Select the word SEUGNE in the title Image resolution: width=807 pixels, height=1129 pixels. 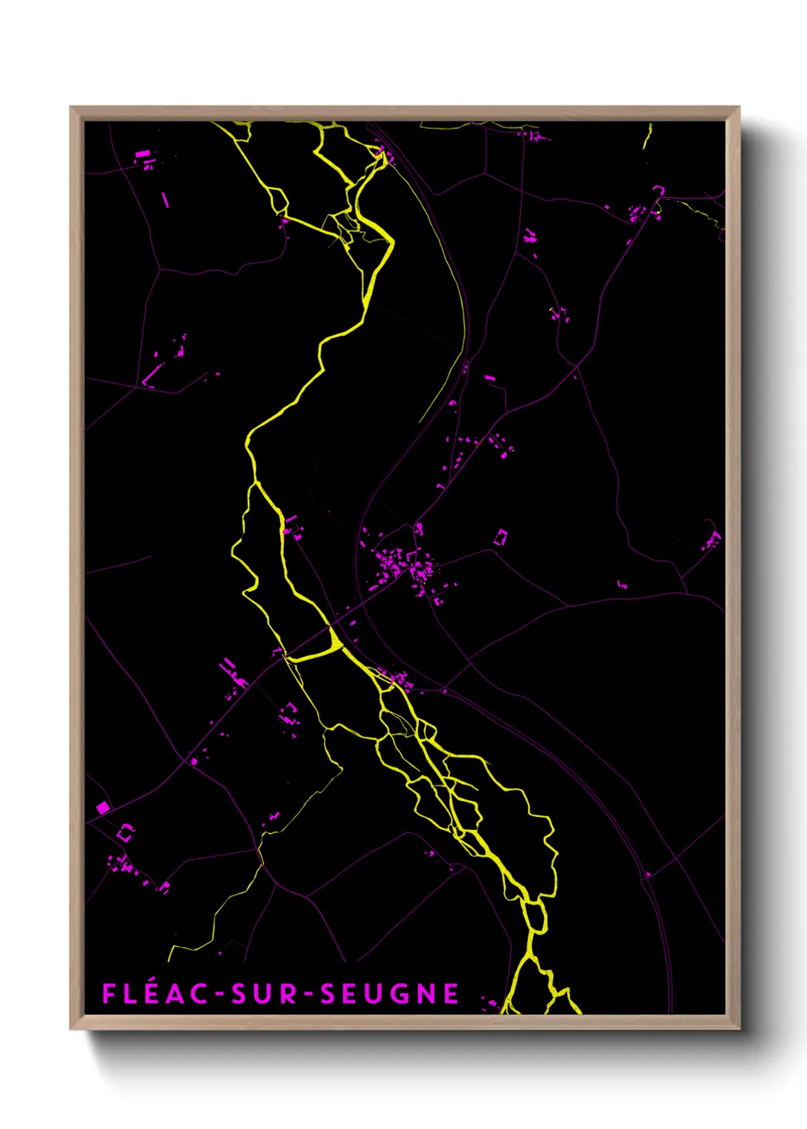click(x=389, y=994)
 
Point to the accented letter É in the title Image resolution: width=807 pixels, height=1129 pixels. click(x=150, y=993)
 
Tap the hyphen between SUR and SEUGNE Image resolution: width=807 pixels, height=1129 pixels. click(x=308, y=995)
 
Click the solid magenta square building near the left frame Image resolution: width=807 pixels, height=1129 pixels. click(x=103, y=807)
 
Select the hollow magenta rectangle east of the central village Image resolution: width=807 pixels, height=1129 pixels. click(x=501, y=537)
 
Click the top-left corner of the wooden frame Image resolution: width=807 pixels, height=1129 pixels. click(x=72, y=108)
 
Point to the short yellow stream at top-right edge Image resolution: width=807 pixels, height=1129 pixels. click(x=648, y=137)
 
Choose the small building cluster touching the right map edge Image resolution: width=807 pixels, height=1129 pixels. click(x=712, y=541)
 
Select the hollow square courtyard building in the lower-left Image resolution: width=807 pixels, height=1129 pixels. click(x=125, y=832)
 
